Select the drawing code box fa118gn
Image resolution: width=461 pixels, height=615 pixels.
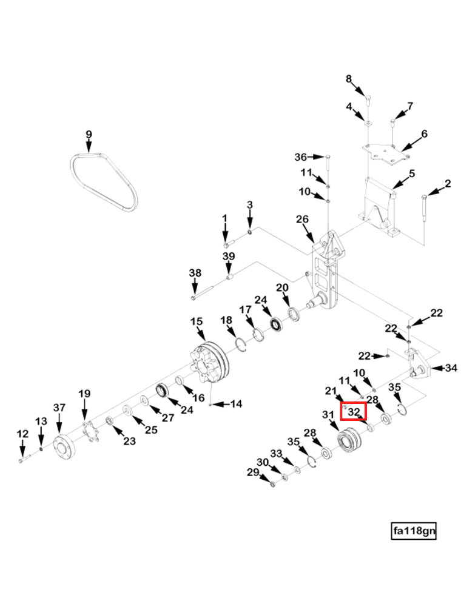[x=414, y=531]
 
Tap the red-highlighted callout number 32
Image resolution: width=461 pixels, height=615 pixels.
[x=354, y=412]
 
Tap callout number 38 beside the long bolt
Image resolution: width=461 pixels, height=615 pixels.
[x=195, y=272]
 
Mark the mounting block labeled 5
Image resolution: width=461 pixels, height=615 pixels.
[x=379, y=207]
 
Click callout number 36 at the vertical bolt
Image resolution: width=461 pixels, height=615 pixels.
[x=300, y=157]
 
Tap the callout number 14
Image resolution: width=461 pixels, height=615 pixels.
[x=236, y=403]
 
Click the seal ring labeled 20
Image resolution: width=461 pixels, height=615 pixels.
[x=294, y=315]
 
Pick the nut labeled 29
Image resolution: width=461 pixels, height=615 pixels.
[x=273, y=484]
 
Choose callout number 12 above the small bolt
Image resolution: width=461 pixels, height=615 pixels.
[x=23, y=434]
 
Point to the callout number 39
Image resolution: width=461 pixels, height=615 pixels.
[x=229, y=256]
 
